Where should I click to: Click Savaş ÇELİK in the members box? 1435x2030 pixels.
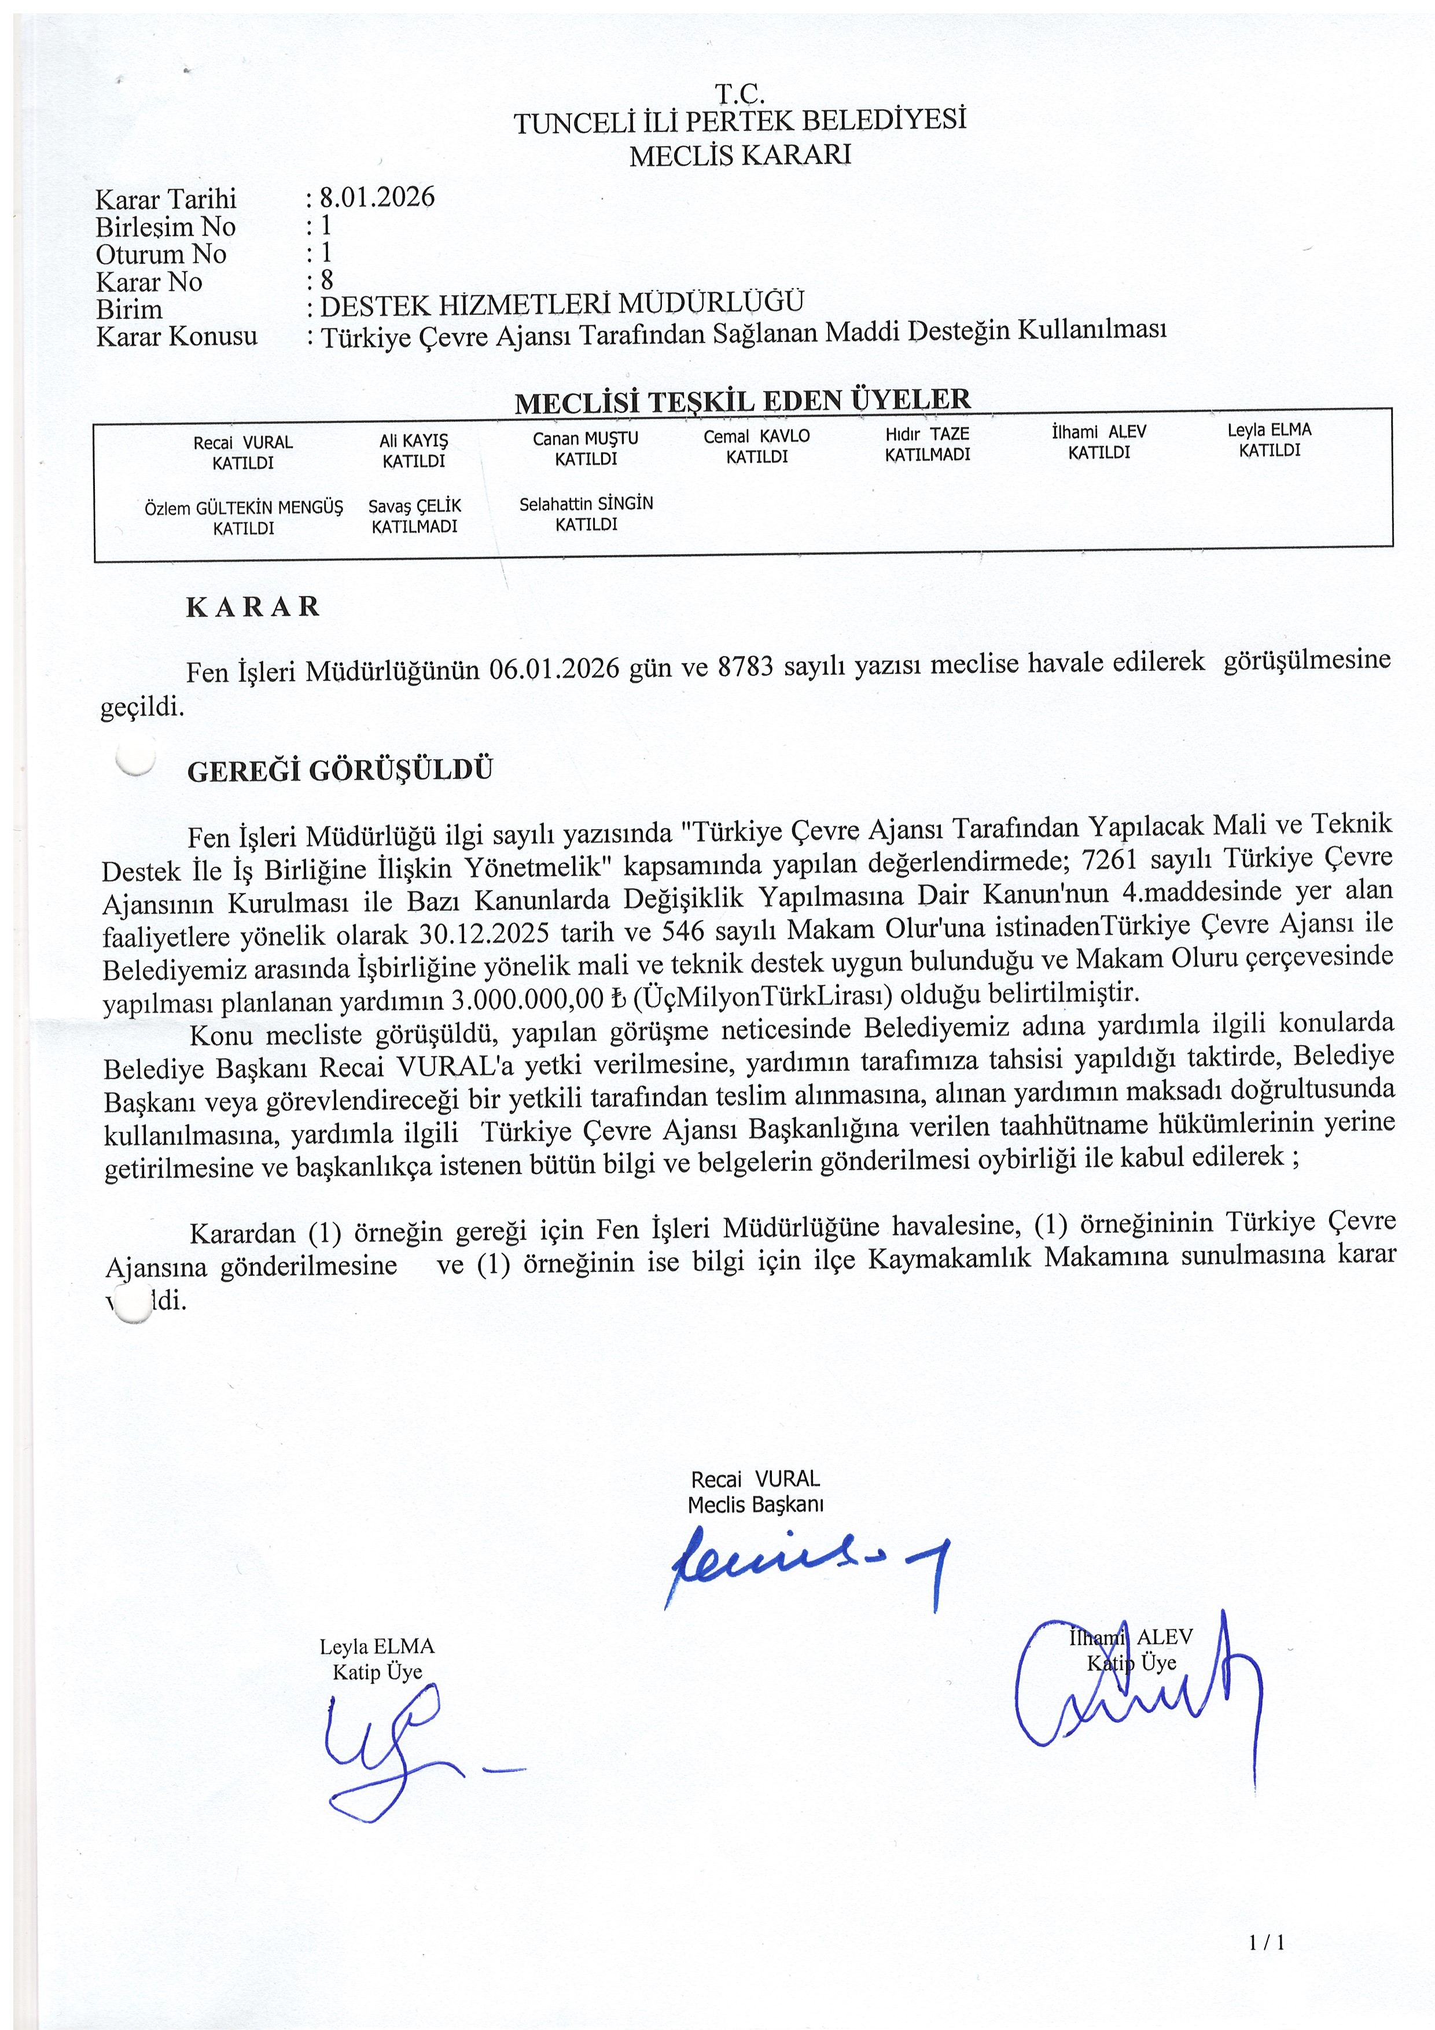pos(415,506)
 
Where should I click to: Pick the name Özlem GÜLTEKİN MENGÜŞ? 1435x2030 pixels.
pos(243,509)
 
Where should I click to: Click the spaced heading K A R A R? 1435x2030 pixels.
pos(253,606)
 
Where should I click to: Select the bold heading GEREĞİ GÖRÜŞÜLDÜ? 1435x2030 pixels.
pos(340,770)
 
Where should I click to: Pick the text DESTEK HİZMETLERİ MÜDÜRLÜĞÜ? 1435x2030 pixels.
pos(562,304)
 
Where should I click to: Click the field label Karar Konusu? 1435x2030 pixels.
pos(177,337)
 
